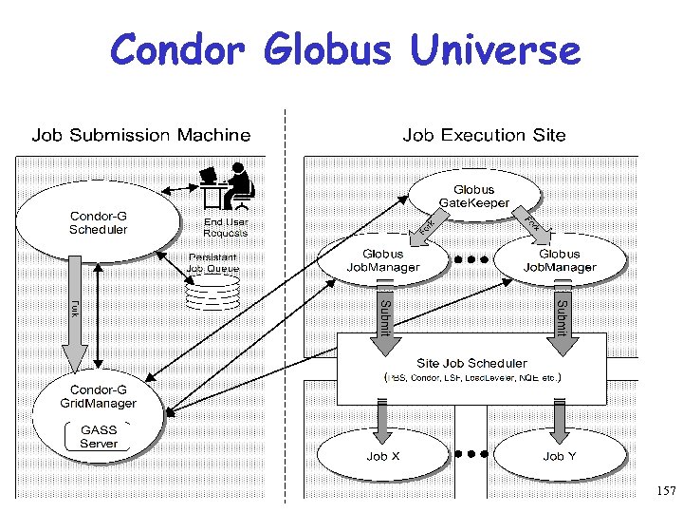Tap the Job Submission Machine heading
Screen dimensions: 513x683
coord(141,135)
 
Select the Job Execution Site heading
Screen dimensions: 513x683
coord(484,135)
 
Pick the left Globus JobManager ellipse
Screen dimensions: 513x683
coord(383,260)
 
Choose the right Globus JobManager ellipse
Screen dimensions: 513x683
coord(560,260)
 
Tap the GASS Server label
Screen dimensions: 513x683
coord(99,437)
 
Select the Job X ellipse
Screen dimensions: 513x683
coord(383,456)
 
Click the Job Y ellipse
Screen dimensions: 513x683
coord(560,456)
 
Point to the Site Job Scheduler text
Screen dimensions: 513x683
coord(471,363)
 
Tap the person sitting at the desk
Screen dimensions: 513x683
coord(236,186)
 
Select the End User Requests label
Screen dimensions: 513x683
coord(226,227)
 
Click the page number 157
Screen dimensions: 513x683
coord(665,491)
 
